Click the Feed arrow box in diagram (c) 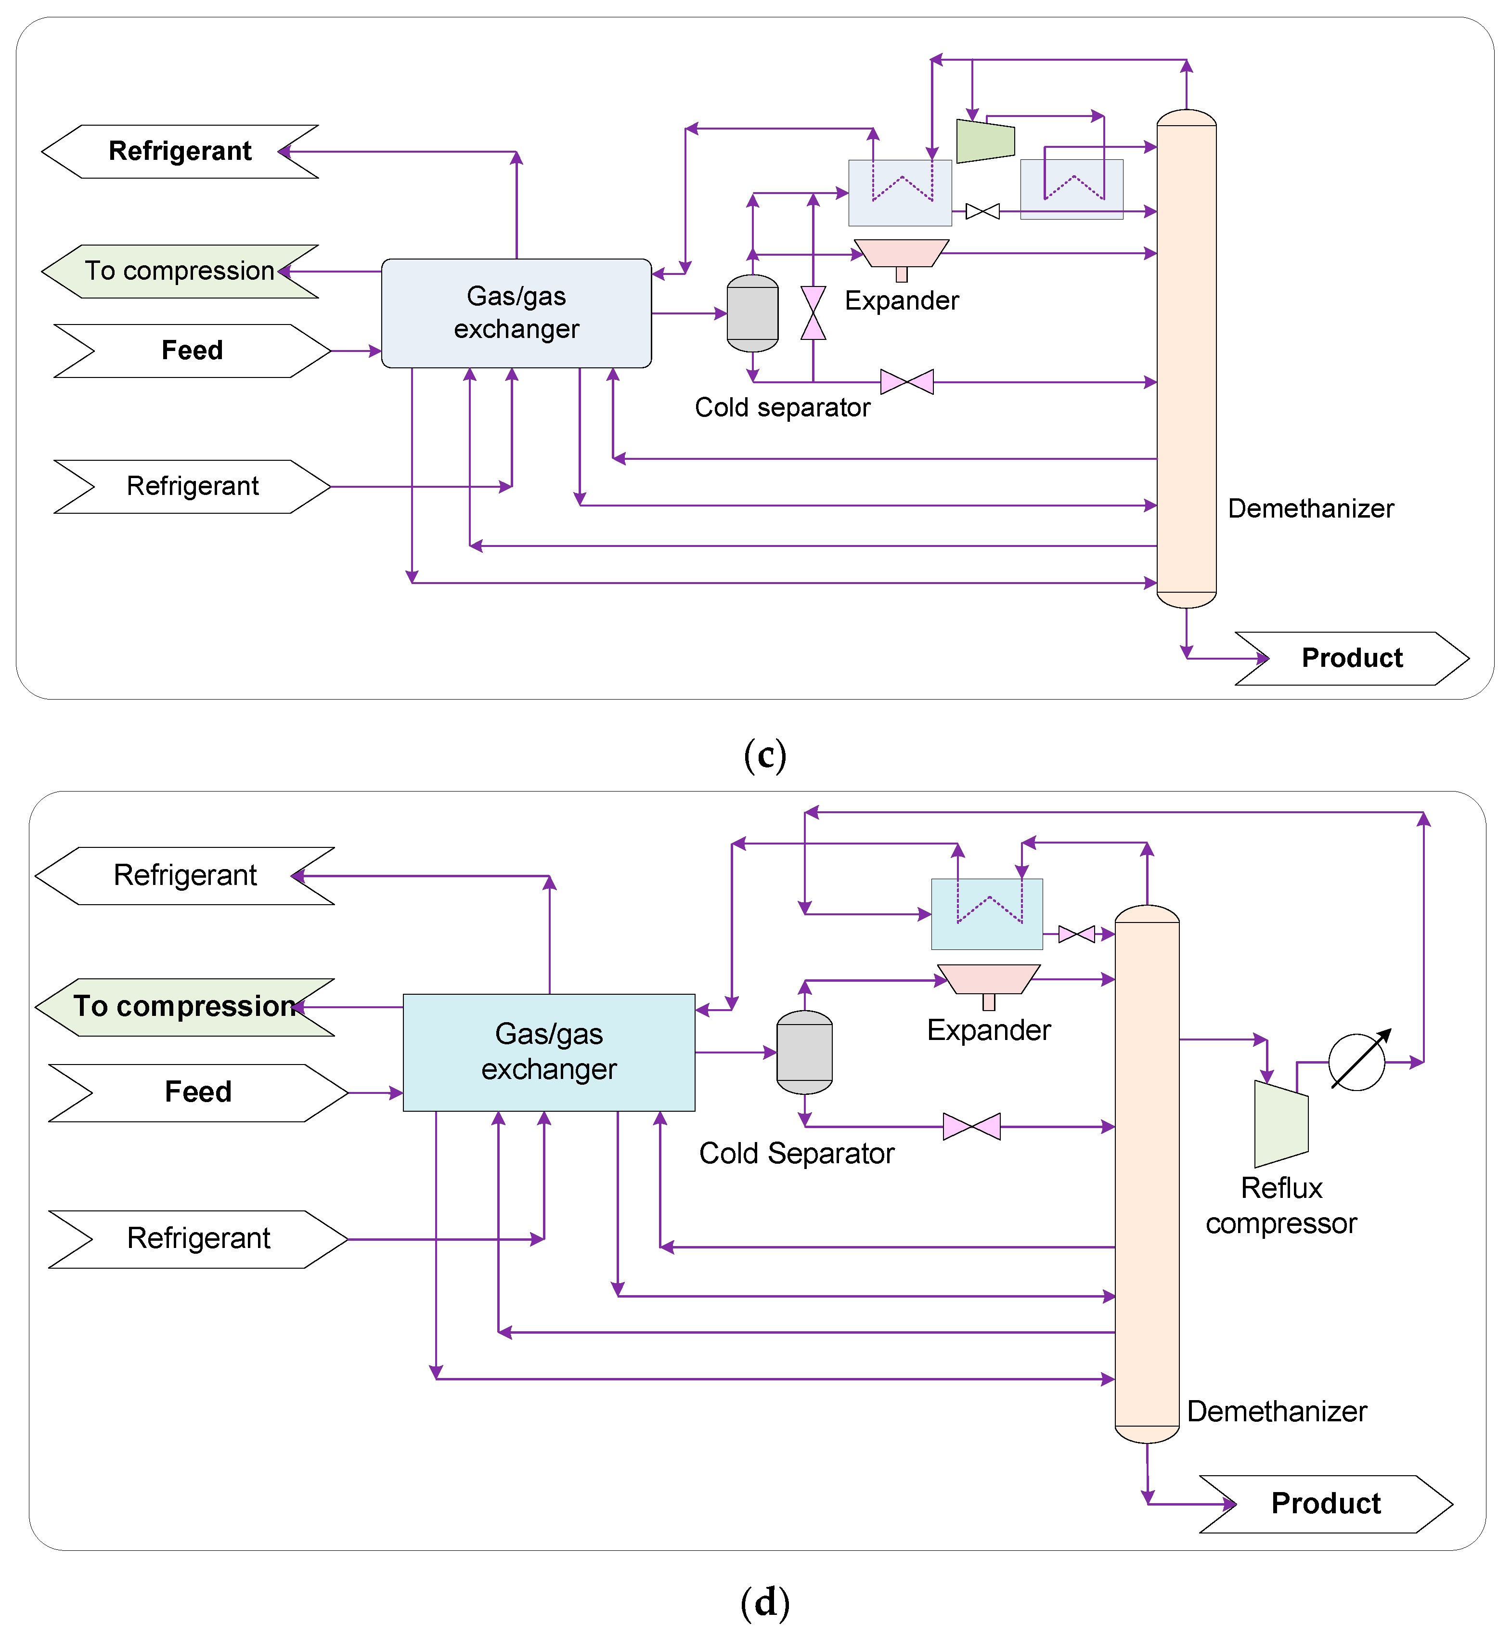pyautogui.click(x=192, y=351)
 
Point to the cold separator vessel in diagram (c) pyautogui.click(x=752, y=313)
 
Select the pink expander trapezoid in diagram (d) pyautogui.click(x=989, y=979)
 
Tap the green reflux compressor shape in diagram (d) pyautogui.click(x=1280, y=1124)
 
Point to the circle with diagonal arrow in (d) pyautogui.click(x=1356, y=1062)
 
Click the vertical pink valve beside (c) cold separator pyautogui.click(x=813, y=312)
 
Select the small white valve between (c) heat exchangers pyautogui.click(x=982, y=212)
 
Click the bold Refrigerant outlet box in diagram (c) pyautogui.click(x=180, y=151)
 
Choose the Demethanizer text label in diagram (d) pyautogui.click(x=1277, y=1411)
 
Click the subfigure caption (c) pyautogui.click(x=764, y=754)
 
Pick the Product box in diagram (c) pyautogui.click(x=1352, y=658)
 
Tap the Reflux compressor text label pyautogui.click(x=1280, y=1205)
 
